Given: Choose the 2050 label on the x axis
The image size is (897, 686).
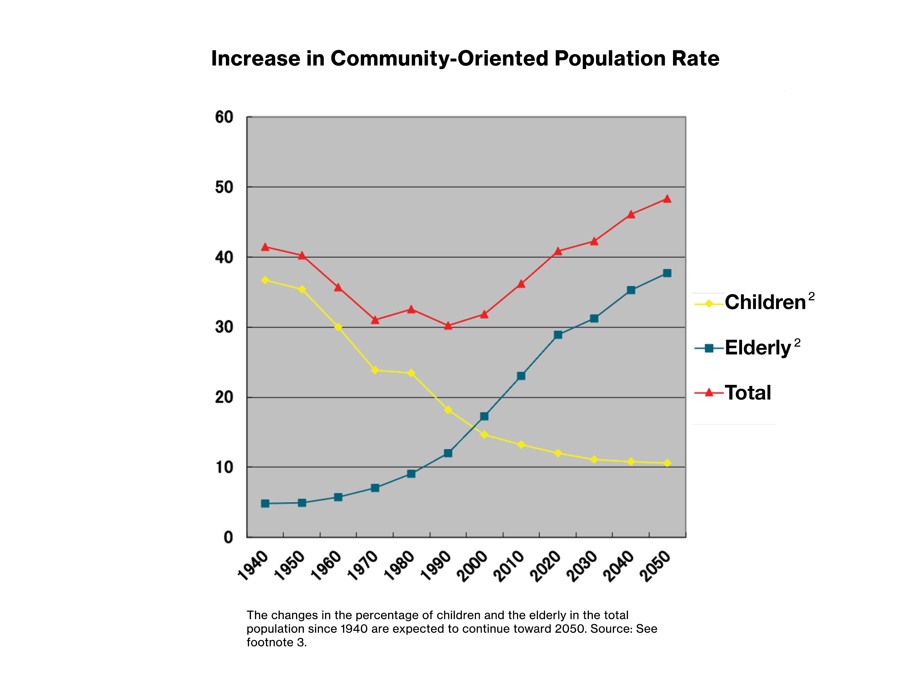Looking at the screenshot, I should click(655, 566).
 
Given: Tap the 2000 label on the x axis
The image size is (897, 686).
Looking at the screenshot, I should click(472, 566).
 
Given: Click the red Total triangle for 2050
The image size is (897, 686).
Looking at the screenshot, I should click(667, 199).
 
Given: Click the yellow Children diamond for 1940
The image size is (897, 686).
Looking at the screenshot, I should click(265, 280).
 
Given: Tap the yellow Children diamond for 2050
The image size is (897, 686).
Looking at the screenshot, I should click(667, 463).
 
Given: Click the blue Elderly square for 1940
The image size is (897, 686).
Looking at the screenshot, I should click(265, 503).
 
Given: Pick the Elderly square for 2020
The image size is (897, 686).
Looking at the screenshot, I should click(558, 335).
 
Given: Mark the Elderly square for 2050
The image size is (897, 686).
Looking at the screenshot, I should click(667, 273).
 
